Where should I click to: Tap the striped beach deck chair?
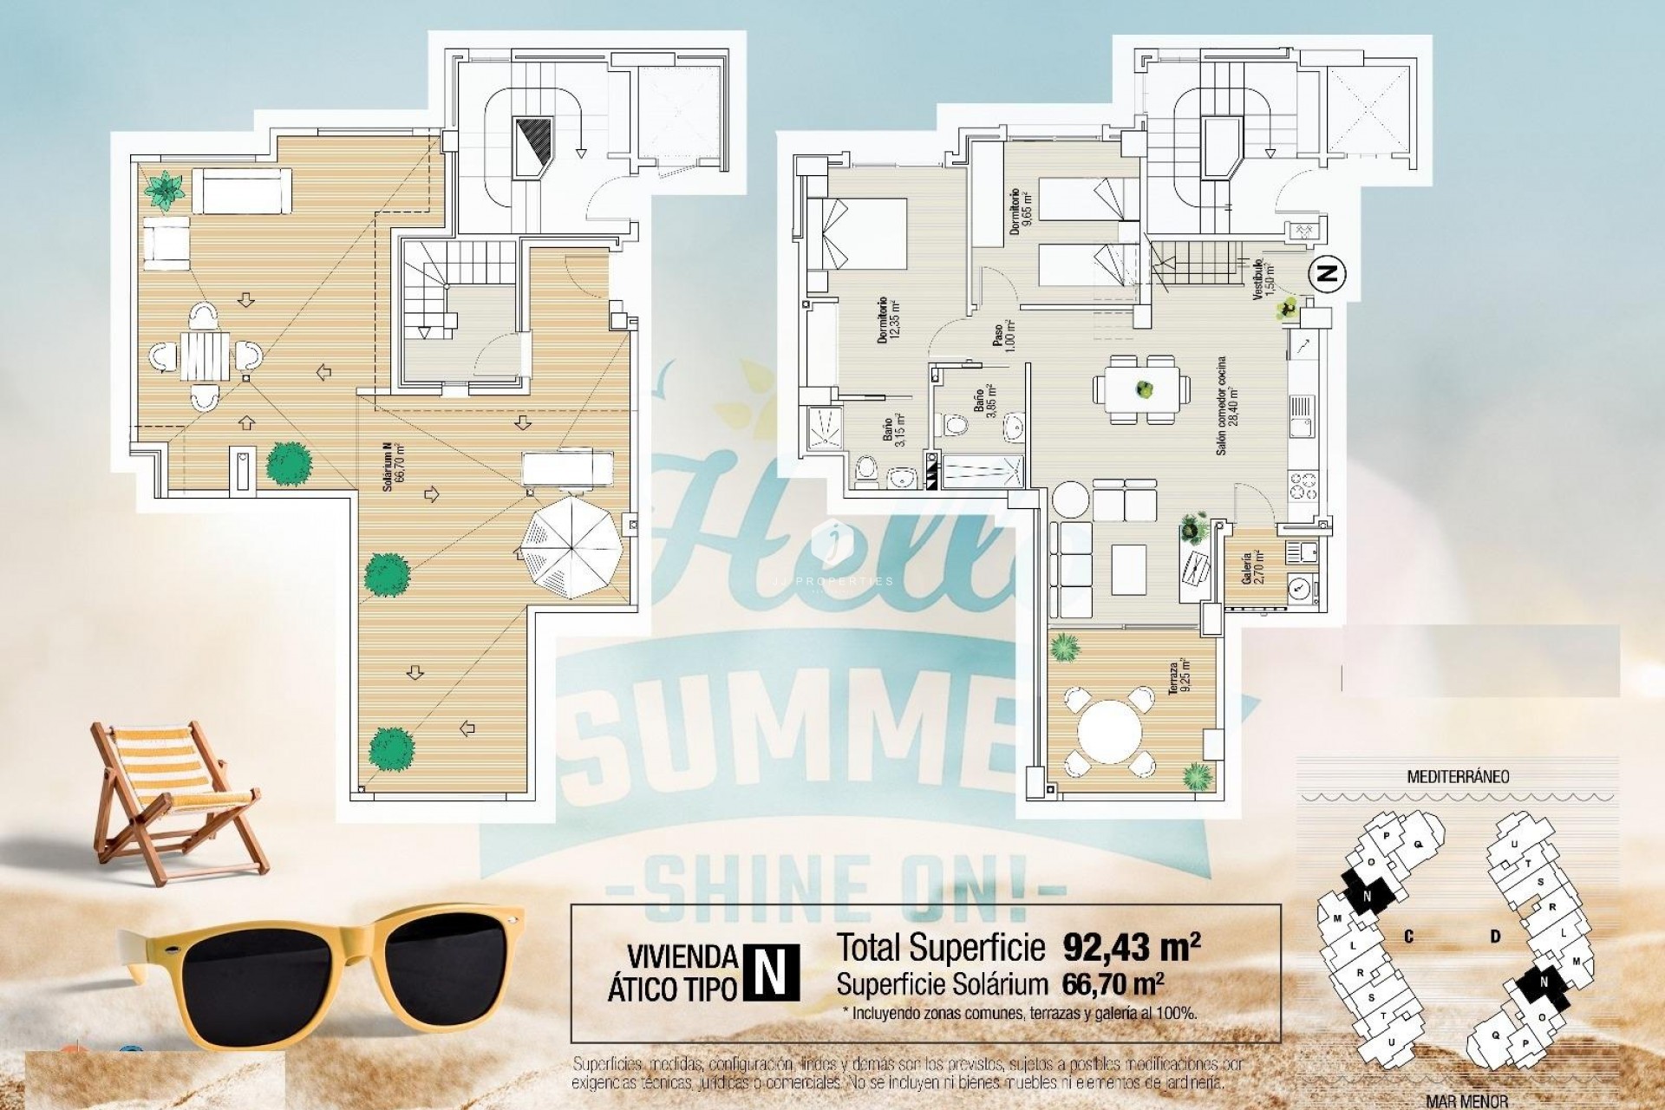pos(173,798)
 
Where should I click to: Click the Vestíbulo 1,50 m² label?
pos(1262,279)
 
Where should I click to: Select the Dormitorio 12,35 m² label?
pos(889,319)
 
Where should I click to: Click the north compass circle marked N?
pos(1326,274)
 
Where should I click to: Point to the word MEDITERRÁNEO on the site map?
pos(1458,776)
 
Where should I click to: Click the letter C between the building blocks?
pos(1409,937)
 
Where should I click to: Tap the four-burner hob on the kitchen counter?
pos(1303,485)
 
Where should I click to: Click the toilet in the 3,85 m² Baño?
pos(956,425)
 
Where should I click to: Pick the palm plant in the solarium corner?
pos(164,190)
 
